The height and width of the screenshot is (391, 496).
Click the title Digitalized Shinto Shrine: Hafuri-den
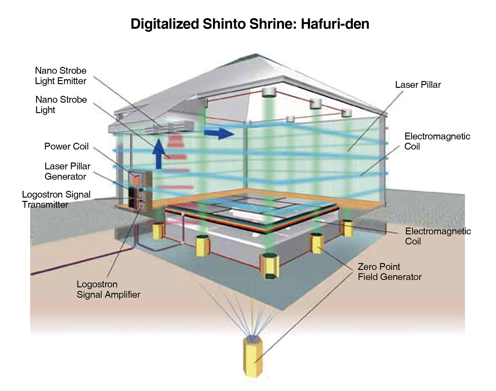[x=250, y=24]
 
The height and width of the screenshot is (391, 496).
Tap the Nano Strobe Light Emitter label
[x=60, y=76]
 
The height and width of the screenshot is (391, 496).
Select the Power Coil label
[x=66, y=146]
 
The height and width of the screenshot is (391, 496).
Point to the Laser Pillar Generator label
[x=67, y=171]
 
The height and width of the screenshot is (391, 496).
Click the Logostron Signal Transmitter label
[x=56, y=199]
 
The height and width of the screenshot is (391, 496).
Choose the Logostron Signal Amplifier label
[x=108, y=289]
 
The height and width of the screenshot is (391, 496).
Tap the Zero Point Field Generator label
[x=389, y=272]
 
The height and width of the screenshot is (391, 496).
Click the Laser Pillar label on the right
[x=418, y=85]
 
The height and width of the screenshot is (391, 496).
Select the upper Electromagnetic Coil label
[x=437, y=141]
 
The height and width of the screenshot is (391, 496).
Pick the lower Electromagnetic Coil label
[x=438, y=236]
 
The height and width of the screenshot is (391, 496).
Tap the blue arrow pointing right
[x=219, y=133]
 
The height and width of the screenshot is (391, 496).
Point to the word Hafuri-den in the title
[x=335, y=24]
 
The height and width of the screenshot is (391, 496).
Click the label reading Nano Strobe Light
[x=61, y=105]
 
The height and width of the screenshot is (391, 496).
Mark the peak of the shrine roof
[x=256, y=54]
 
